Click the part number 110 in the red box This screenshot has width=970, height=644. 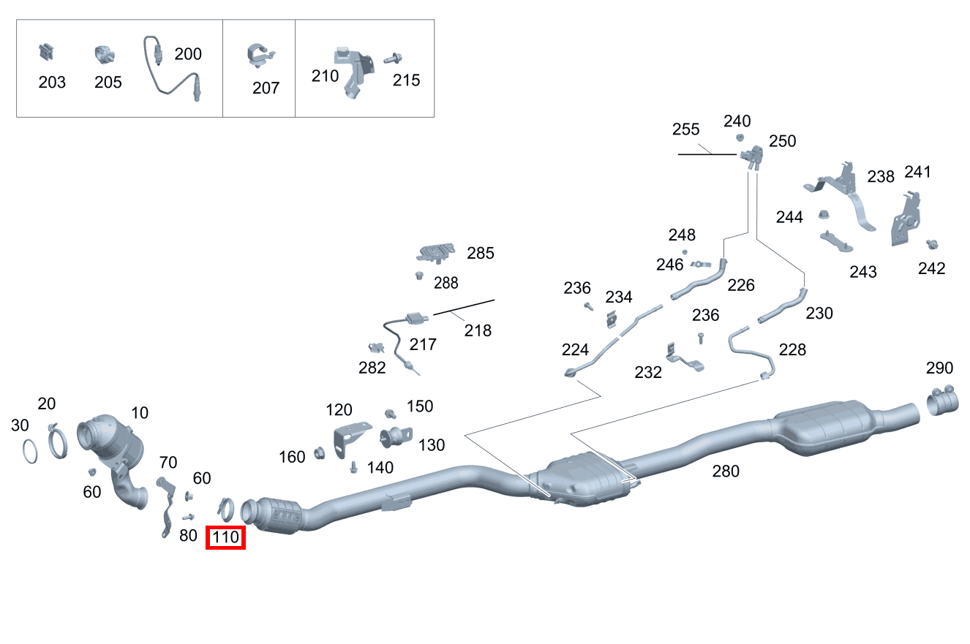tap(225, 537)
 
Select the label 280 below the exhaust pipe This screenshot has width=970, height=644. tap(726, 471)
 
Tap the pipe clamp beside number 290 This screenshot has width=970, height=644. tap(942, 401)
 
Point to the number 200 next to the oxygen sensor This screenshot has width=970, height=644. tap(188, 54)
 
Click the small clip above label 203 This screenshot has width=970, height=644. tap(46, 53)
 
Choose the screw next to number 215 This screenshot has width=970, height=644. tap(394, 58)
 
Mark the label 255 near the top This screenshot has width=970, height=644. tap(685, 129)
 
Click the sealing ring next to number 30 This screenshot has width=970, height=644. tap(30, 452)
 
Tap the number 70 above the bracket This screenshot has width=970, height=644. tap(168, 462)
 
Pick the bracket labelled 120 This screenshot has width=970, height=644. tap(350, 439)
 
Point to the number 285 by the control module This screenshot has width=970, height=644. tap(480, 253)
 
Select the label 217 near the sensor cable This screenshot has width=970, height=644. tap(423, 344)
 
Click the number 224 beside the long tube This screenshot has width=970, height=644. tap(575, 349)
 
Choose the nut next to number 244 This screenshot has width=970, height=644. tap(824, 214)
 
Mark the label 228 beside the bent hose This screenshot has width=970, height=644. tap(792, 349)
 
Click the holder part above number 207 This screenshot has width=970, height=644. tap(260, 56)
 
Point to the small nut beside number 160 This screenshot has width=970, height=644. tap(320, 452)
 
